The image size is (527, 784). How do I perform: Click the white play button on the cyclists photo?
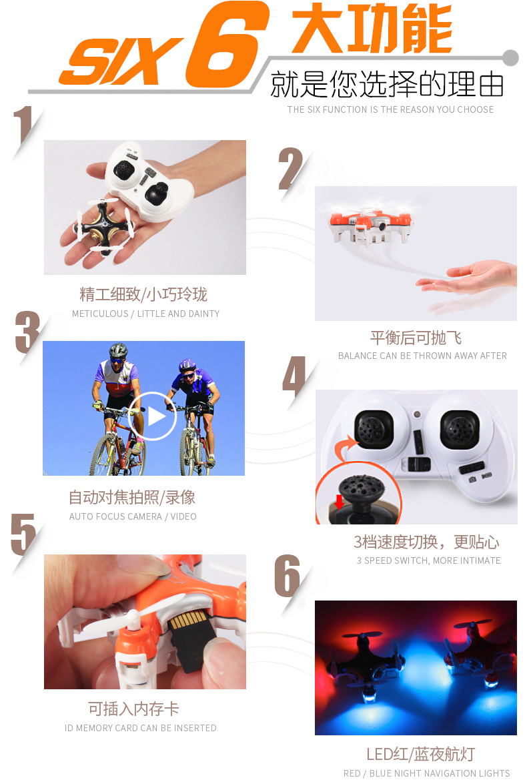click(153, 416)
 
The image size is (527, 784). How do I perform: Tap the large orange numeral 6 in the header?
click(227, 44)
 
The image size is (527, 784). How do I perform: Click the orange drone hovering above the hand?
click(371, 225)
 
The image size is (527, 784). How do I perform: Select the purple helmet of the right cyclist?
click(187, 364)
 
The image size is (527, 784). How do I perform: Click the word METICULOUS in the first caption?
click(100, 314)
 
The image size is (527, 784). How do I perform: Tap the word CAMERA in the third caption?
click(141, 516)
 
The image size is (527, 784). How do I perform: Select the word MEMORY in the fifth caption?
click(94, 728)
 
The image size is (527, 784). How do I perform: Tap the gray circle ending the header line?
click(510, 58)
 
